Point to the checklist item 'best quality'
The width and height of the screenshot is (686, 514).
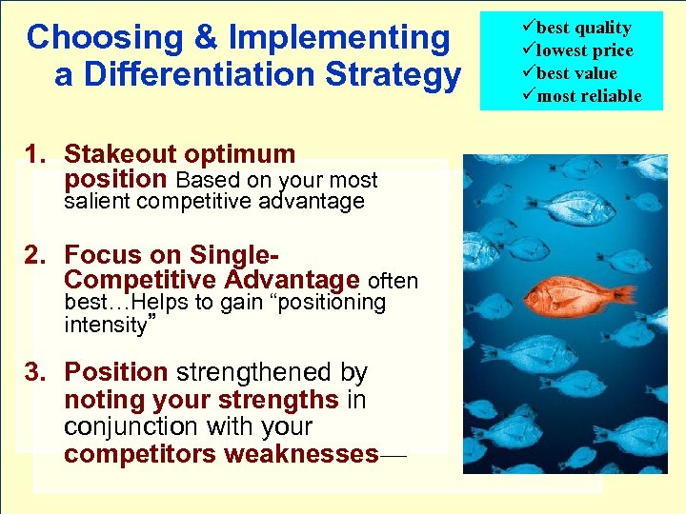(x=581, y=28)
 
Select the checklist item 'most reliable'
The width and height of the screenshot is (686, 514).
(x=587, y=96)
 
